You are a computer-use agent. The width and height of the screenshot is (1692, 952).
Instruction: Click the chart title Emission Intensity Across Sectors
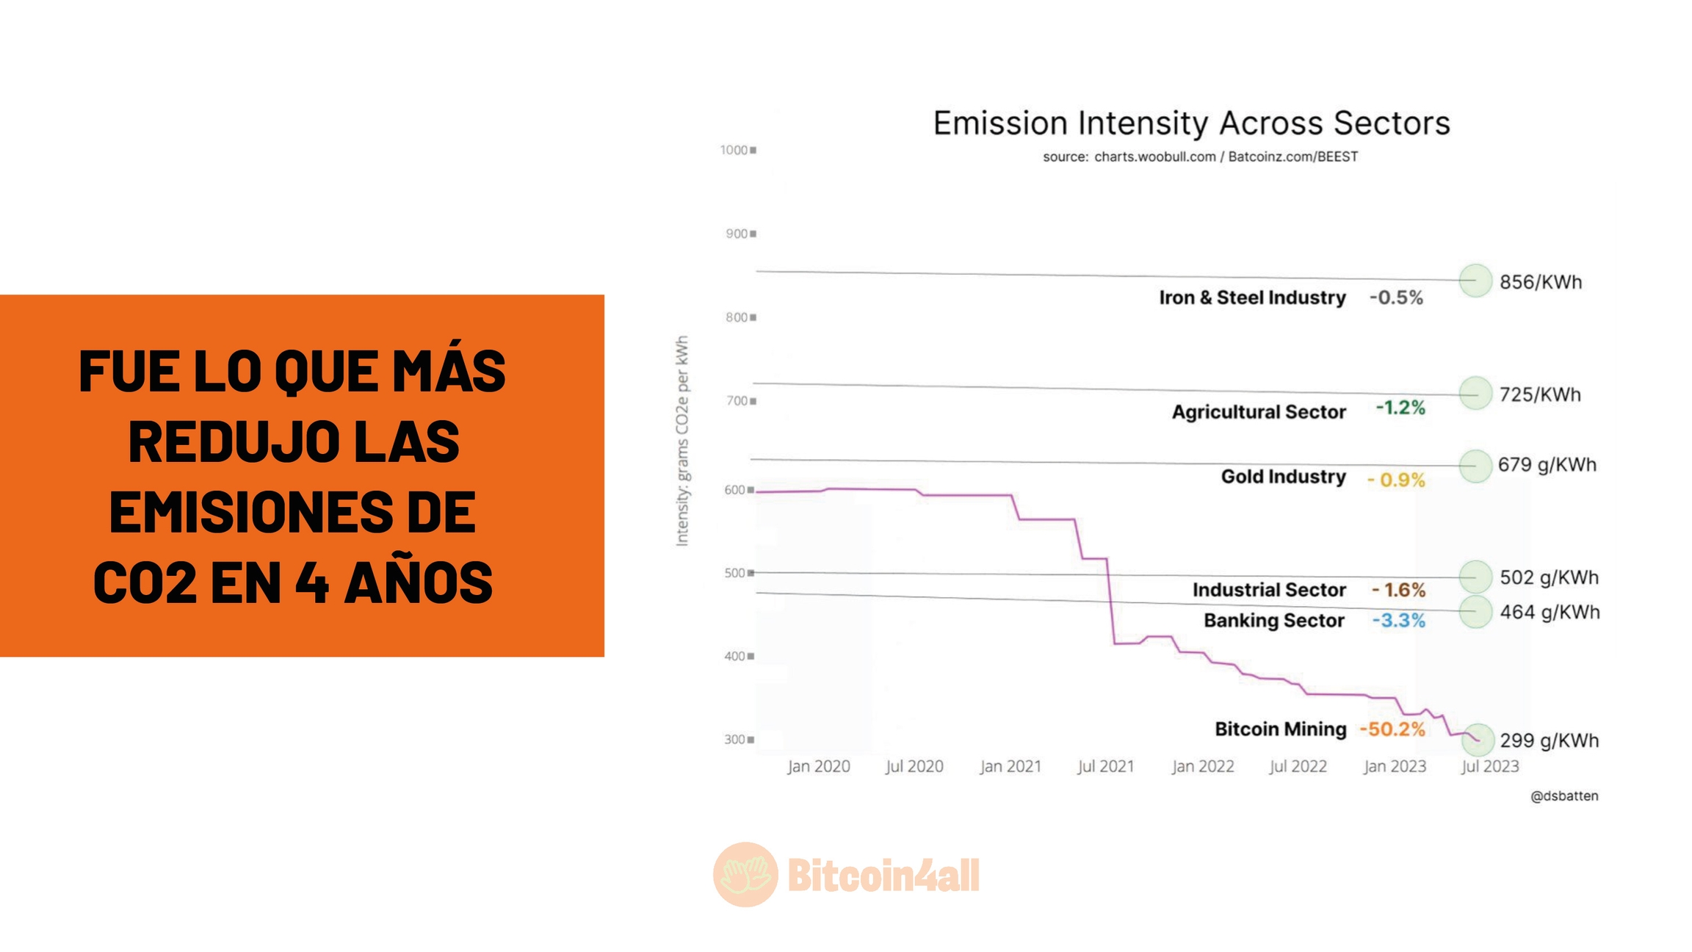[1191, 123]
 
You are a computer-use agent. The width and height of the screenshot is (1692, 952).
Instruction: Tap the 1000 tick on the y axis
[735, 150]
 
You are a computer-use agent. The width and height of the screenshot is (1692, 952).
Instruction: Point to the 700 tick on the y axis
[738, 401]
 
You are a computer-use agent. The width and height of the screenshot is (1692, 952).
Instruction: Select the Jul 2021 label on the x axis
[1105, 766]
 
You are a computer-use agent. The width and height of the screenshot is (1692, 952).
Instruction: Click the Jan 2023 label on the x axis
[1395, 766]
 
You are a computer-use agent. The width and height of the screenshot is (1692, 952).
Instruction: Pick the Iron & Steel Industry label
[1252, 297]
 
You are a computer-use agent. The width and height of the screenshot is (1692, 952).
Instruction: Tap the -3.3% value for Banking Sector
[1398, 621]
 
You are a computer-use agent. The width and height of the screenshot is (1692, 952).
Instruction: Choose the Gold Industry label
[1283, 477]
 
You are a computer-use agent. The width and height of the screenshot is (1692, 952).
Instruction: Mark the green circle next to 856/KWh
[1475, 280]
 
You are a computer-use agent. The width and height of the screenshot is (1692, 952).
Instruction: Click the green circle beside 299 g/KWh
[1478, 739]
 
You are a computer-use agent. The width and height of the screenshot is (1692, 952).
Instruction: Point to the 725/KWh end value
[1540, 394]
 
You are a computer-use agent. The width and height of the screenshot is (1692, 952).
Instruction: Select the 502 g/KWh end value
[1549, 577]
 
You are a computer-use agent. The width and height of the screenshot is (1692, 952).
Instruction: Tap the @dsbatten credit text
[1564, 796]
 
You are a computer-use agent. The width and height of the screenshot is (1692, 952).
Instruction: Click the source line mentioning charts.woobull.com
[1200, 156]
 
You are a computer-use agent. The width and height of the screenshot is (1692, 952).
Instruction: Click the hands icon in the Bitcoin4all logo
[745, 874]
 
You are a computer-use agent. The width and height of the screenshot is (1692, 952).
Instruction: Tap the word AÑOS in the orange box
[419, 583]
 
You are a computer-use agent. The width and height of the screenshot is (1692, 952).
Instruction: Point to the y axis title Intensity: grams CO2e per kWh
[682, 441]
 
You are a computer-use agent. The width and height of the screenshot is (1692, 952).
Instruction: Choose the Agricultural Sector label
[1259, 412]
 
